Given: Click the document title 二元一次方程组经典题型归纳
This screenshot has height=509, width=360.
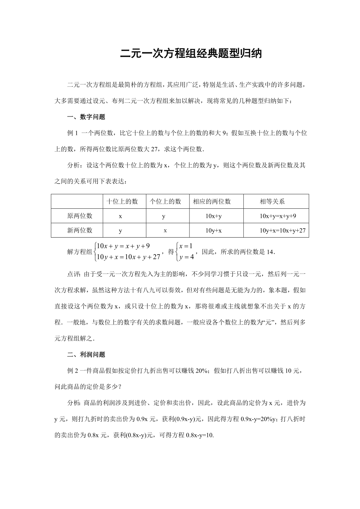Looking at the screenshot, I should click(191, 54).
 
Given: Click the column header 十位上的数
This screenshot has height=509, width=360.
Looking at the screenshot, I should click(122, 202).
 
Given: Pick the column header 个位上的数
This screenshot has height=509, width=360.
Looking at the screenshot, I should click(166, 202).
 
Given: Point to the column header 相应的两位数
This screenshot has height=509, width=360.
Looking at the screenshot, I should click(212, 202).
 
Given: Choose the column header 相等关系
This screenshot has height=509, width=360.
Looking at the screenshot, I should click(272, 202).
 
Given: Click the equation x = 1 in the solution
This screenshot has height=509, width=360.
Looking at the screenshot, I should click(186, 246).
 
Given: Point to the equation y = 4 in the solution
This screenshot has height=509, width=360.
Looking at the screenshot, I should click(186, 257).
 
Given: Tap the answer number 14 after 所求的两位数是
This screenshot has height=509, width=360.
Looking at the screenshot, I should click(270, 252).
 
